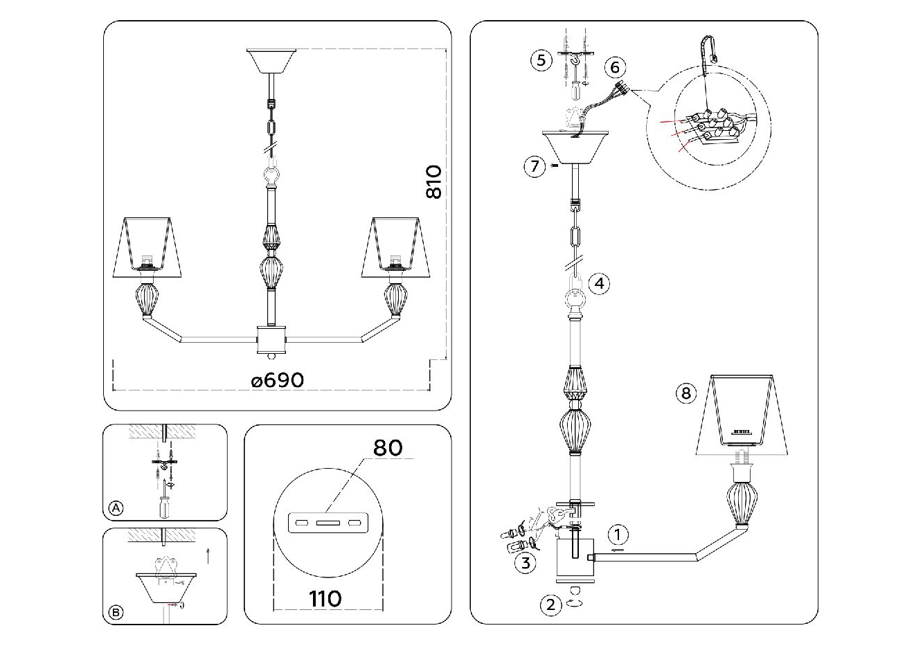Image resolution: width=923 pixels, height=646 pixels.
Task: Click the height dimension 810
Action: coord(433,182)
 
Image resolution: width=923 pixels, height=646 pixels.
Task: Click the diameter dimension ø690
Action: coord(278,380)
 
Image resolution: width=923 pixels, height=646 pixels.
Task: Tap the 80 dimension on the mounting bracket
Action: coord(388,447)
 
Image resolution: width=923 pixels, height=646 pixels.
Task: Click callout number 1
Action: coord(618,535)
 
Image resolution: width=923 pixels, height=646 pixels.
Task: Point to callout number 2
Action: coord(550,605)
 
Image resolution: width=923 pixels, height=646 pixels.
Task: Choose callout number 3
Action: coord(526,562)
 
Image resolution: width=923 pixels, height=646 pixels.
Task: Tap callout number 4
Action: coord(599,283)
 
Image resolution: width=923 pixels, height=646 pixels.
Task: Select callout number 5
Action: coord(541,60)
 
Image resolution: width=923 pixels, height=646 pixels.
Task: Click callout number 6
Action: coord(614,67)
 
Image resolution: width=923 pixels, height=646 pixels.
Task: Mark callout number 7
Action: coord(534,167)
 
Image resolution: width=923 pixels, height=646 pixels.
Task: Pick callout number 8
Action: coord(685,394)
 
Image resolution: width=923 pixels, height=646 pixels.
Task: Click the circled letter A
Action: coord(116,509)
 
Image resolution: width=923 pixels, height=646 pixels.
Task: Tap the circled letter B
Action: coord(116,612)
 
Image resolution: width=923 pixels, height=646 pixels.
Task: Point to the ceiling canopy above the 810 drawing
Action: coord(271,60)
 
